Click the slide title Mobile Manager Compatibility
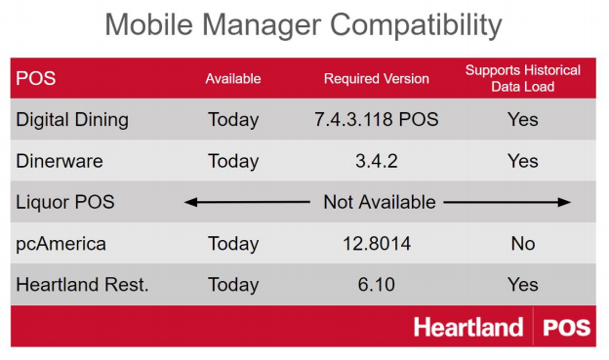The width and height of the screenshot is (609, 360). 304,24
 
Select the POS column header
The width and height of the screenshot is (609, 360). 35,79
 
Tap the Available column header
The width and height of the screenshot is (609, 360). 232,79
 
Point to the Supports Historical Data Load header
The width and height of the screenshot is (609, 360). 522,78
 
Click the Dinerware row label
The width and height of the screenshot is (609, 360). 59,161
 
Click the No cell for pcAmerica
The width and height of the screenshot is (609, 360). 523,243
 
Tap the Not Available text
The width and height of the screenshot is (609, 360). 380,202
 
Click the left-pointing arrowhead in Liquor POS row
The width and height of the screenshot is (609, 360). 189,202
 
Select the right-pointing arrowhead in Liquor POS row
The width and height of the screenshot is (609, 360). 565,202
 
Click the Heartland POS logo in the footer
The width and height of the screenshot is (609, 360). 503,327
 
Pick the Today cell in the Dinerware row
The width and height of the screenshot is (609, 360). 233,161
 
